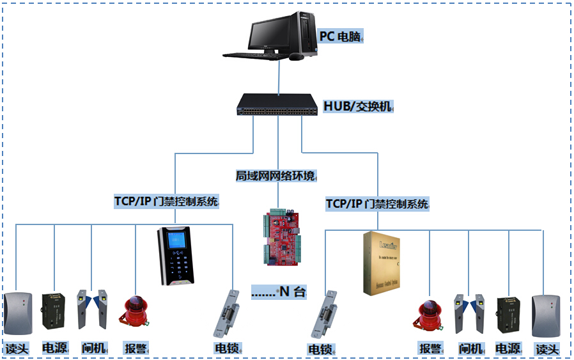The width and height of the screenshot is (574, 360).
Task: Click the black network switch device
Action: pyautogui.click(x=278, y=105)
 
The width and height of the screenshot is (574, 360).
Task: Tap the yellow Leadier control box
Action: pyautogui.click(x=382, y=263)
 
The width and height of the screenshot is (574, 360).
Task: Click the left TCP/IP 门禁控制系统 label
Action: pyautogui.click(x=166, y=201)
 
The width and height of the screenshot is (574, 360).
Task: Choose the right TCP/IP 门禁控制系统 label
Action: pyautogui.click(x=377, y=204)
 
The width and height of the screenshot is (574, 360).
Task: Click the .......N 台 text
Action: pyautogui.click(x=279, y=292)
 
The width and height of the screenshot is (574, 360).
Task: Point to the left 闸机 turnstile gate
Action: pyautogui.click(x=92, y=309)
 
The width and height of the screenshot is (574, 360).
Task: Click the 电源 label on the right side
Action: pyautogui.click(x=508, y=348)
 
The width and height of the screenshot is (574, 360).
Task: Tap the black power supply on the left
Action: pyautogui.click(x=54, y=311)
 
